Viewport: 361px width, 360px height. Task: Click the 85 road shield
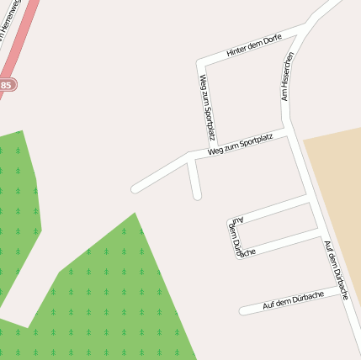6,85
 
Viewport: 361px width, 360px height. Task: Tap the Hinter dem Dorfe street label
254,47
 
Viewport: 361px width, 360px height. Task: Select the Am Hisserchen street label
287,77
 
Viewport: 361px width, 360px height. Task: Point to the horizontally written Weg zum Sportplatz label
241,145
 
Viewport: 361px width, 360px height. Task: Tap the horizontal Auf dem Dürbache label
294,300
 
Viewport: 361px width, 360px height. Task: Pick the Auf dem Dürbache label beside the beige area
336,270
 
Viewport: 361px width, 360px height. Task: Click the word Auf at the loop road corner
237,220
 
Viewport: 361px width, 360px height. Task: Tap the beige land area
337,193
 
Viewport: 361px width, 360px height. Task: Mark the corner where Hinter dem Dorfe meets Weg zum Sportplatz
200,63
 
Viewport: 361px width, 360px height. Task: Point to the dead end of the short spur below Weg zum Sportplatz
197,196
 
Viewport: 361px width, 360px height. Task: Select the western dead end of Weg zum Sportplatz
135,188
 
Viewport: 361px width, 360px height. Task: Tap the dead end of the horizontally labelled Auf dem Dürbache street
242,310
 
